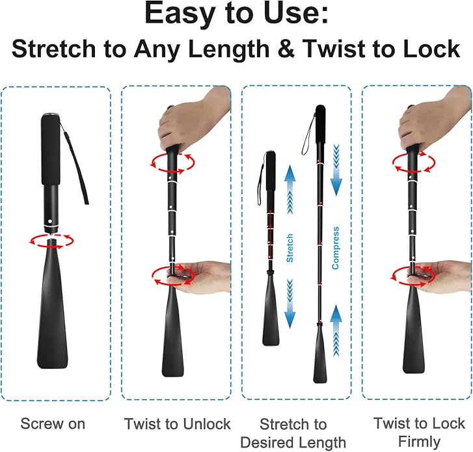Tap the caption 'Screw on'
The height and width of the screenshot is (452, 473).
coord(53,423)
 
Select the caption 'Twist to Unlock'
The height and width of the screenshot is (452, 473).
coord(177,424)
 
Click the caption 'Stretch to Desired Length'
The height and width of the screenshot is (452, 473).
coord(293,433)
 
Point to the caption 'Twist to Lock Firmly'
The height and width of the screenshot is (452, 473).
coord(419,432)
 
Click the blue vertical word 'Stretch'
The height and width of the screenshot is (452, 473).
coord(290,248)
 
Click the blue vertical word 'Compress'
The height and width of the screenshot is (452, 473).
coord(336,248)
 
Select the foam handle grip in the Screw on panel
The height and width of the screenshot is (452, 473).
coord(49,150)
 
